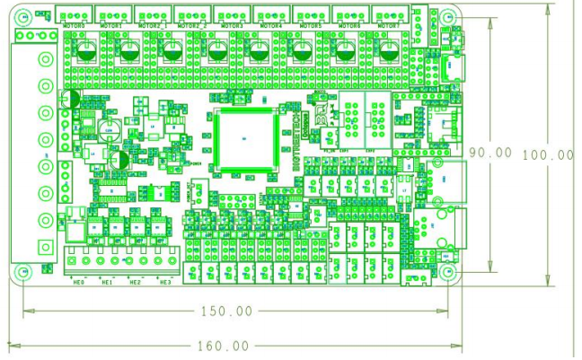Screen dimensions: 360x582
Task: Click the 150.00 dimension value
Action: (x=225, y=312)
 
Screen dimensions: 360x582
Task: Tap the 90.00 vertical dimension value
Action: (x=490, y=154)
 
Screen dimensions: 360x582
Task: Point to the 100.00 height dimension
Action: (x=547, y=154)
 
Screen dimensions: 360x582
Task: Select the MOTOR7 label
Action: (x=389, y=27)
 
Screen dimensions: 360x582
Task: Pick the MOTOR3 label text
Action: (x=232, y=27)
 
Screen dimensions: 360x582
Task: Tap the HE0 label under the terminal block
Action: (x=79, y=283)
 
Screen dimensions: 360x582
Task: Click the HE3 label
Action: (x=164, y=283)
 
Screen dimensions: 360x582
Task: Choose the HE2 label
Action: (x=136, y=283)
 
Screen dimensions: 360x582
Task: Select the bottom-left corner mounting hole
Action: (x=20, y=272)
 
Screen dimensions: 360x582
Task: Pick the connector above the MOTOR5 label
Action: (x=310, y=13)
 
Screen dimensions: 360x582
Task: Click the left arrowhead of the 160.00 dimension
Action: (x=12, y=345)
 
